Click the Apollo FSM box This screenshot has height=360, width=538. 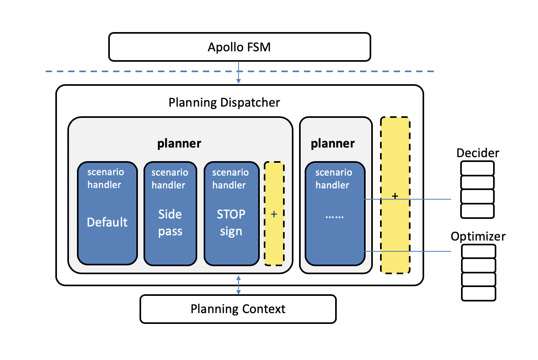coord(239,47)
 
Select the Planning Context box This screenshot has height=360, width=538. coord(238,309)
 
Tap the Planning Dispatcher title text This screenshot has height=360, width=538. coord(224,103)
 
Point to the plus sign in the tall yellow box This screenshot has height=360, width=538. coord(395,196)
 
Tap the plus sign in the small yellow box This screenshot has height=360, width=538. coord(274,214)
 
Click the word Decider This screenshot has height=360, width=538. coord(477,153)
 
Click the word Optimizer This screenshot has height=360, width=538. coord(478,236)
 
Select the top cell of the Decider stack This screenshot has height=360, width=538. coord(477,168)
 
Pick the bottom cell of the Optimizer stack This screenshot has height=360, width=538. coord(478,293)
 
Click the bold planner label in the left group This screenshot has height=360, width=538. coord(179,143)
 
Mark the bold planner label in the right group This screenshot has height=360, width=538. coord(333,143)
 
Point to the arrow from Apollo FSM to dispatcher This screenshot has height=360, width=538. coord(239,73)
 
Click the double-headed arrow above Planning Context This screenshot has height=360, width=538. coord(239,285)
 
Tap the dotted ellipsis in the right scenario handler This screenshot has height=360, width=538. coord(334,216)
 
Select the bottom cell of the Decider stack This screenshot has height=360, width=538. coord(477,211)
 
